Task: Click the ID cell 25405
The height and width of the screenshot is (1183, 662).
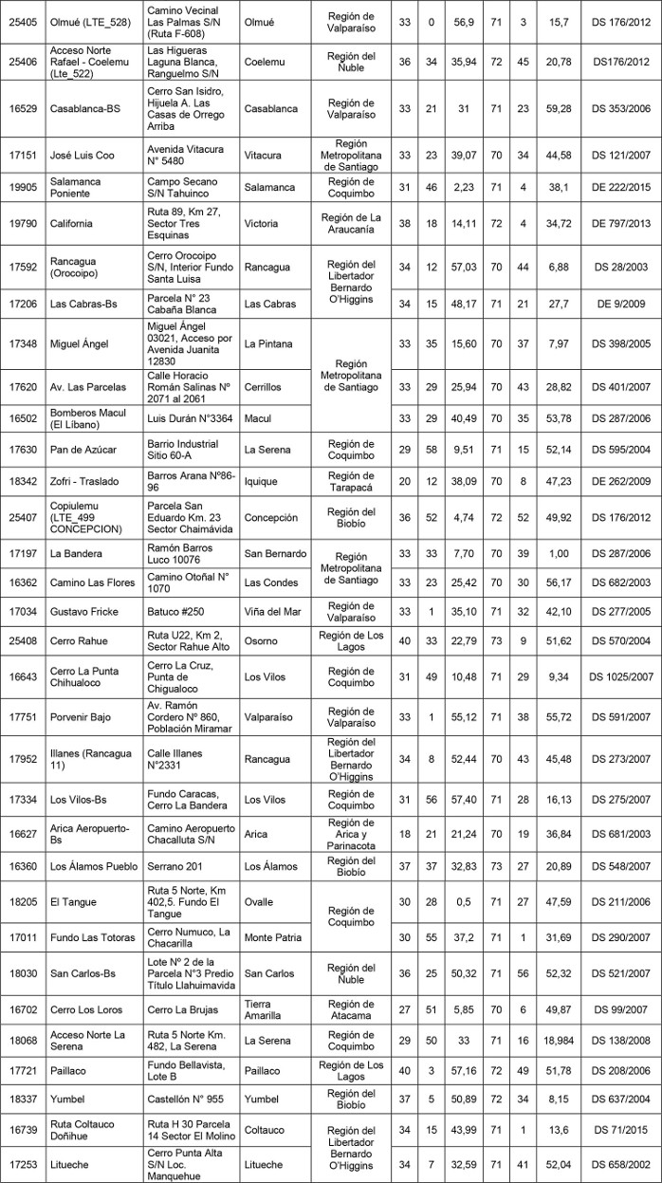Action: (23, 22)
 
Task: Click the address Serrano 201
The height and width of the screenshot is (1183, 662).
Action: (178, 867)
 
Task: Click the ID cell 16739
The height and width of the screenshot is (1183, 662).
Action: (23, 1129)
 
